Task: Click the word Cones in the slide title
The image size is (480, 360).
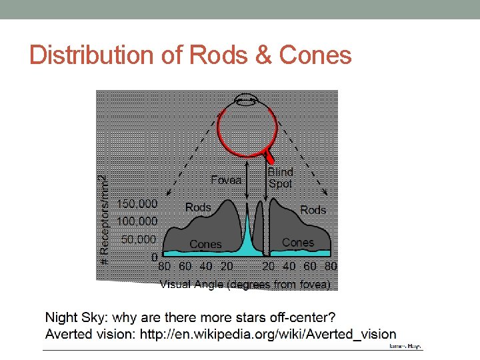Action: click(x=315, y=55)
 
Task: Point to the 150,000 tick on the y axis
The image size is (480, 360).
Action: click(x=137, y=203)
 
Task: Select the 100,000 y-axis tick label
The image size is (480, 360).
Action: click(x=137, y=221)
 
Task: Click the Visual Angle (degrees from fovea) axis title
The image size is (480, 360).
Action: click(x=245, y=285)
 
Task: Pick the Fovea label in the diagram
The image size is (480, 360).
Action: click(x=226, y=180)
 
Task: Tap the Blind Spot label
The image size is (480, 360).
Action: click(x=280, y=177)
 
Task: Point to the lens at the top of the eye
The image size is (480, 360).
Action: click(x=246, y=101)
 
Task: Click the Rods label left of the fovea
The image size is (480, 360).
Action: click(x=198, y=207)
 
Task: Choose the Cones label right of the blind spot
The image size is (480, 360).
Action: click(x=298, y=243)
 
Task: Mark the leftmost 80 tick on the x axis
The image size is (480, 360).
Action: click(x=165, y=267)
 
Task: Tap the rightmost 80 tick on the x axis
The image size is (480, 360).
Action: click(x=331, y=267)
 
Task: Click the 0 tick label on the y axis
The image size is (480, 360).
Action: click(x=155, y=256)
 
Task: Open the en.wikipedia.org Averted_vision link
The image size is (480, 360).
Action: click(x=267, y=334)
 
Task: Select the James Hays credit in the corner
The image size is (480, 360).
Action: click(x=405, y=347)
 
